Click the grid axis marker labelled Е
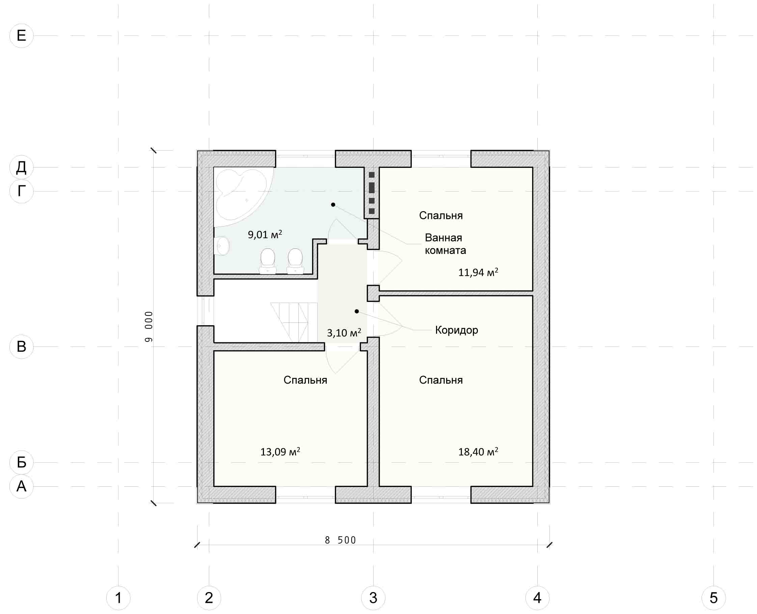21,36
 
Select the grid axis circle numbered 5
713,598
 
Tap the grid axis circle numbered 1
118,598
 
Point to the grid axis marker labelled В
21,347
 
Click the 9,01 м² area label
265,234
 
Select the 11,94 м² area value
478,272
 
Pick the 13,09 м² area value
280,451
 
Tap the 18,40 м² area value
478,451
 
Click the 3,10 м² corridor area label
344,332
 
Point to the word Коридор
457,330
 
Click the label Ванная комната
445,244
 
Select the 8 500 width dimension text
340,540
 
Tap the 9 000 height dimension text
149,327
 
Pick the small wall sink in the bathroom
222,246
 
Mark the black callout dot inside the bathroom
333,205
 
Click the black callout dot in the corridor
357,311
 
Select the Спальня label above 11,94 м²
441,215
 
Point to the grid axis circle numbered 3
373,598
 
